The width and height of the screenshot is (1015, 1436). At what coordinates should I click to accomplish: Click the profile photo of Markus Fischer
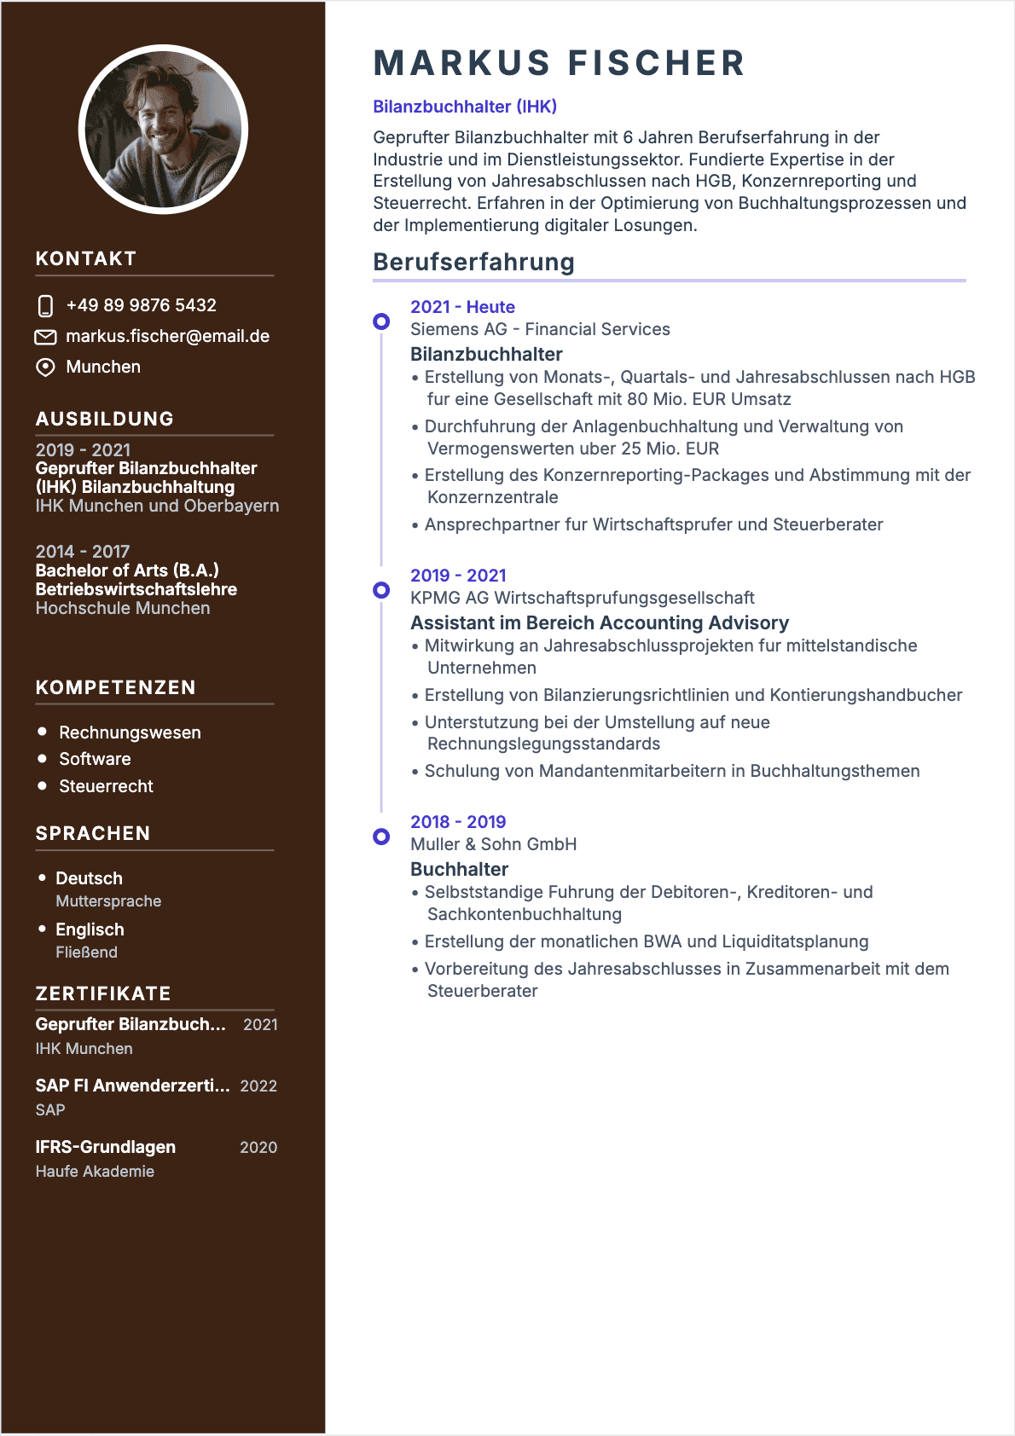[x=163, y=129]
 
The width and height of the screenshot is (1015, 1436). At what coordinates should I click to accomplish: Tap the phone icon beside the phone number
[x=46, y=305]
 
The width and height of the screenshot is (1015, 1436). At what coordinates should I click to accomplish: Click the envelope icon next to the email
[x=45, y=337]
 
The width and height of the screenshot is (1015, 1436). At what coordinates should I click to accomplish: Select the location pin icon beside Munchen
[x=45, y=367]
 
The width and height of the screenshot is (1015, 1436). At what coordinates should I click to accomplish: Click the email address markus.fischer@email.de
[x=167, y=336]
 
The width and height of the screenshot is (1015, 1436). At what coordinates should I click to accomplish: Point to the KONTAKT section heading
[x=85, y=258]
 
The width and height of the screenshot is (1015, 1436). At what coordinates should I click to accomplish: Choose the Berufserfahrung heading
[x=473, y=262]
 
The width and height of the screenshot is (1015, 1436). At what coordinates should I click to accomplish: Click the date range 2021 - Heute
[x=462, y=307]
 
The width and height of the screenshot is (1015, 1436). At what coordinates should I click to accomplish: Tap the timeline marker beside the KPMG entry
[x=381, y=590]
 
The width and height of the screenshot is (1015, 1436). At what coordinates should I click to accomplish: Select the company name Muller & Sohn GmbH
[x=493, y=844]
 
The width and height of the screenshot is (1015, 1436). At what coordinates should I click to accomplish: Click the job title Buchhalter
[x=459, y=869]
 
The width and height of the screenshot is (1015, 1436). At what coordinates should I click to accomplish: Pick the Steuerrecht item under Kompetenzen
[x=106, y=786]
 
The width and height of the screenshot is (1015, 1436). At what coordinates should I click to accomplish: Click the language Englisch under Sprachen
[x=90, y=929]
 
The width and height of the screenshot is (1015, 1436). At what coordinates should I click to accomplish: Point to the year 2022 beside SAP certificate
[x=258, y=1086]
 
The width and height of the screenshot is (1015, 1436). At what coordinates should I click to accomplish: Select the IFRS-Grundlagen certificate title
[x=105, y=1147]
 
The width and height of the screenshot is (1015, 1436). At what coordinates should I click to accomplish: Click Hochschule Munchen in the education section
[x=122, y=608]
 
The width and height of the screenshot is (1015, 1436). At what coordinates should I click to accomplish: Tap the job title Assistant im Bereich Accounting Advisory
[x=599, y=622]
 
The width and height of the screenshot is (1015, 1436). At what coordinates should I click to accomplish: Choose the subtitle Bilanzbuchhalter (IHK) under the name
[x=464, y=107]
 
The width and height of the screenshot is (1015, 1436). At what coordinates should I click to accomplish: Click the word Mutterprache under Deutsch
[x=108, y=901]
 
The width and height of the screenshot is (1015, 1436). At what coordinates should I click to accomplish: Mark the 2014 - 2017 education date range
[x=82, y=552]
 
